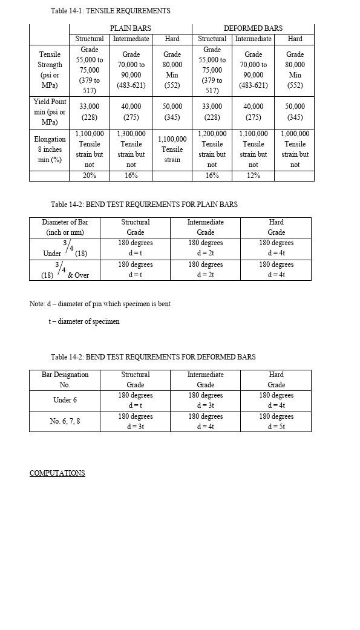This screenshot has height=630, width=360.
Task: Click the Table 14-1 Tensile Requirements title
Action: (110, 11)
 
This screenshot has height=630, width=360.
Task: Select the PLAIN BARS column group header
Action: (130, 28)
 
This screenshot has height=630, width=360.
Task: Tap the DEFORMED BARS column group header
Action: (253, 28)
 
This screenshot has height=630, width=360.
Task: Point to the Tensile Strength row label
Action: (50, 70)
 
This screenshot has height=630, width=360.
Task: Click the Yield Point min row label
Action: (50, 112)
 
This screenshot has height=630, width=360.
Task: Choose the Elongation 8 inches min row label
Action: (50, 149)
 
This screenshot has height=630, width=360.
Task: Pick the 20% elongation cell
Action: (89, 176)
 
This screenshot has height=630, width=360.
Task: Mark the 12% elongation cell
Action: (253, 176)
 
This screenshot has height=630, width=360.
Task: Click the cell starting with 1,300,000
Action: (131, 148)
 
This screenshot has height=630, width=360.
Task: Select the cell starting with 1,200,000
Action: (212, 148)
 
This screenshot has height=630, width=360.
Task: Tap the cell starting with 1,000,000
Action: (295, 148)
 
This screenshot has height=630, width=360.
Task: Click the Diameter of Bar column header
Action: (65, 227)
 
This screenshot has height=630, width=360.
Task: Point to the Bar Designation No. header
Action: (65, 379)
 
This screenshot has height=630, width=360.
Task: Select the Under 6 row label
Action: (65, 400)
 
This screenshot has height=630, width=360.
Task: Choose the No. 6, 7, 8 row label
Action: (65, 421)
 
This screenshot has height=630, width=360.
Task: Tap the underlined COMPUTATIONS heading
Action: (57, 473)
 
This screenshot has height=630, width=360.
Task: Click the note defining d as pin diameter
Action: (100, 304)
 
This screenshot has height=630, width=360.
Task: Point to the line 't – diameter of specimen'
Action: (84, 321)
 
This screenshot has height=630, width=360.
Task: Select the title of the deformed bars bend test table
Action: (153, 357)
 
